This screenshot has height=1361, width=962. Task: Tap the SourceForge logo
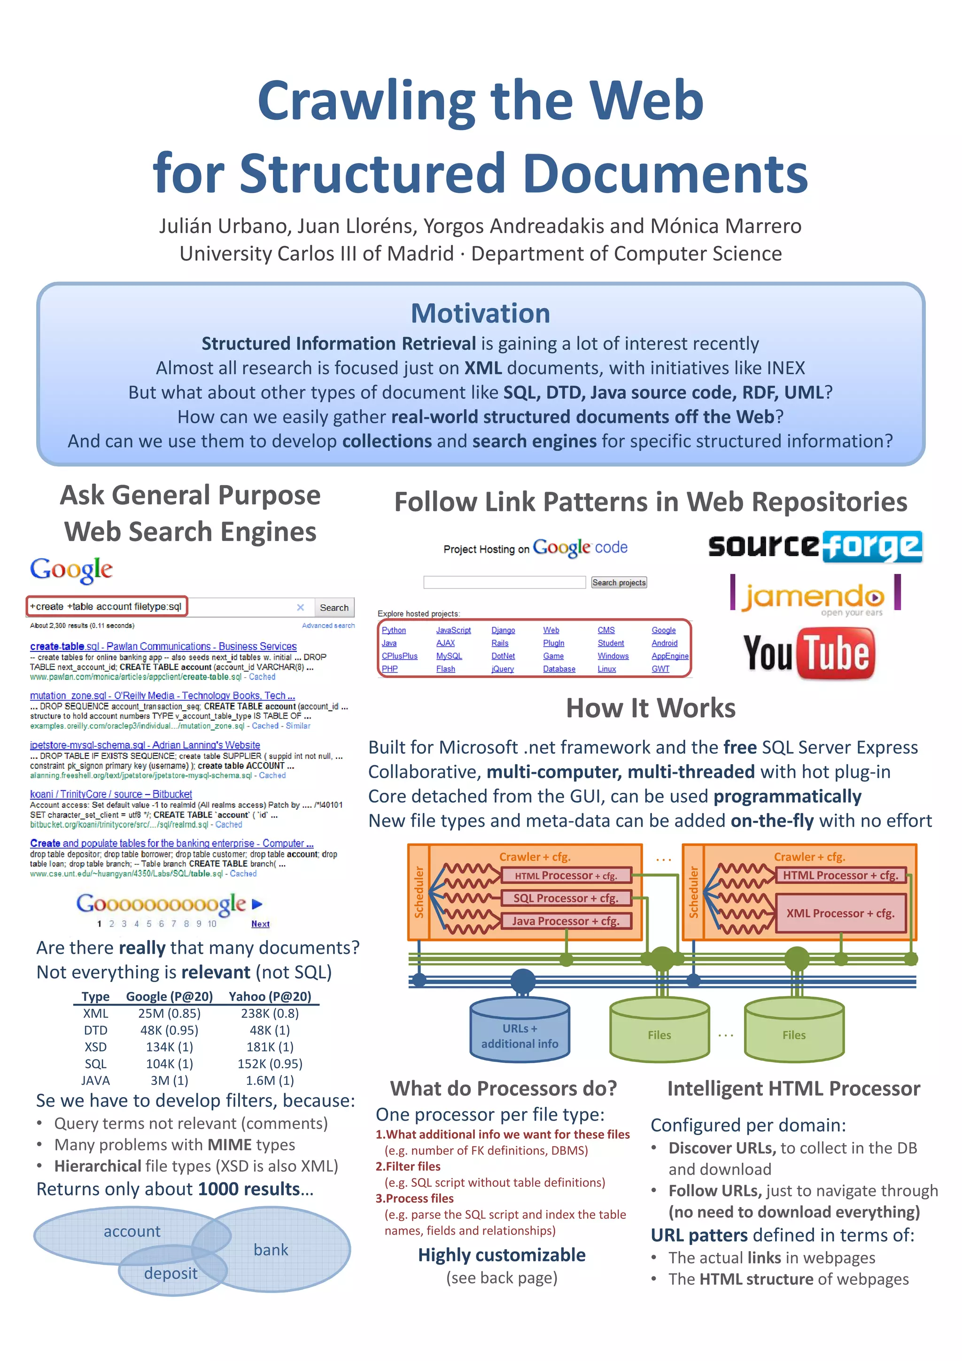pos(815,546)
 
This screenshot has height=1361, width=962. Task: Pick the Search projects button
pos(619,583)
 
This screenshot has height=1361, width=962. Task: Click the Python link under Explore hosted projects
pos(394,630)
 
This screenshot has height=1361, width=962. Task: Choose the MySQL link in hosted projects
pos(449,656)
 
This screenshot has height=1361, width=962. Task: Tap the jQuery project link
pos(502,669)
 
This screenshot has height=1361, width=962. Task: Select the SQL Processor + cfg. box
pos(566,898)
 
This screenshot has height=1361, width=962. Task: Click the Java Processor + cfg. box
pos(566,921)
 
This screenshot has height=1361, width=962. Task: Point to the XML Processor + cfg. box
pos(840,913)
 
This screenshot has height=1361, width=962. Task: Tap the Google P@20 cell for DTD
pos(169,1030)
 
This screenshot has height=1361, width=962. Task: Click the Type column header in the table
pos(95,997)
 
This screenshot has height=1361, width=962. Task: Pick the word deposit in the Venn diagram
pos(171,1273)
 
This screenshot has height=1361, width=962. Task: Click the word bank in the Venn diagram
pos(271,1250)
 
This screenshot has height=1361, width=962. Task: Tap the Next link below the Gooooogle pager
pos(260,924)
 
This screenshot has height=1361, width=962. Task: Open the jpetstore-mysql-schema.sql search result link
pos(145,745)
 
